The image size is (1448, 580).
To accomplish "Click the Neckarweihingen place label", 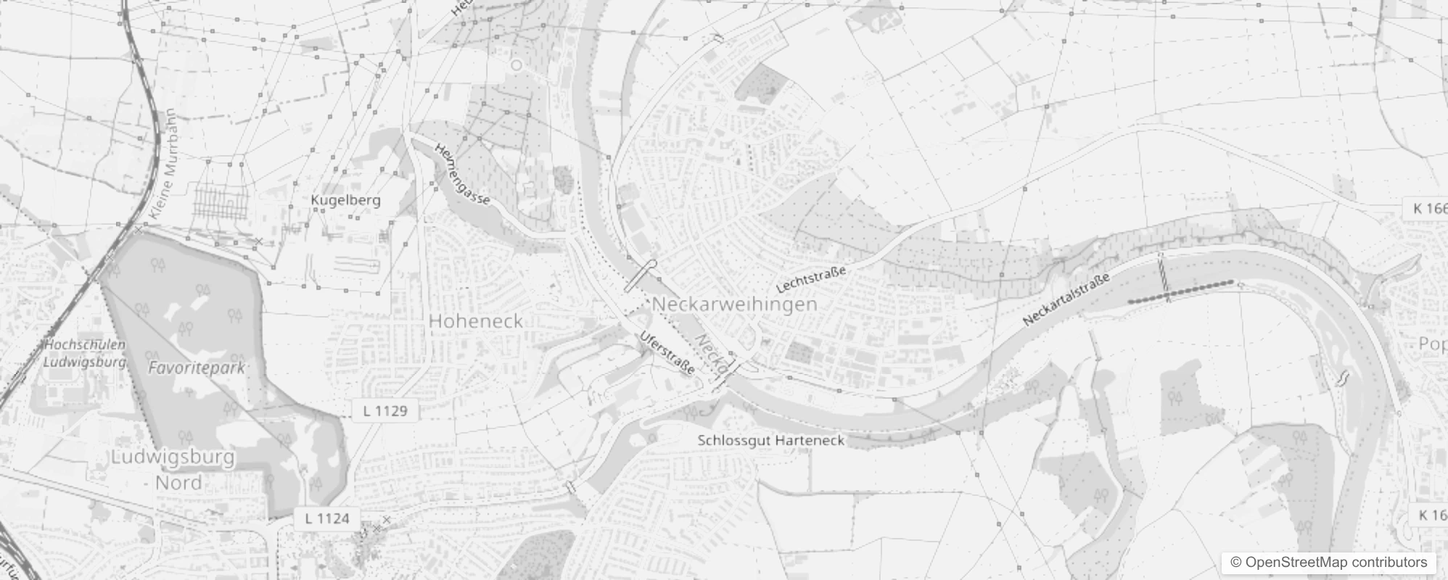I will click(735, 304).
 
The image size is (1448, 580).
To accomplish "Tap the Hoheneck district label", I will click(476, 321).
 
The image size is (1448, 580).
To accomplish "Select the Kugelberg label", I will click(345, 200).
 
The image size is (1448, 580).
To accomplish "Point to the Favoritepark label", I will click(197, 368).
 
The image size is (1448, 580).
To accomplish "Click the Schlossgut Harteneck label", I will click(771, 440).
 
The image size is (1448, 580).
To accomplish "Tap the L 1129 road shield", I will click(385, 411).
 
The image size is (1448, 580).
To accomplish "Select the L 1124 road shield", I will click(327, 518).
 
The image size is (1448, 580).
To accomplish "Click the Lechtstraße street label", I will click(812, 280).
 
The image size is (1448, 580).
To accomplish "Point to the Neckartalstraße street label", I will click(1066, 299).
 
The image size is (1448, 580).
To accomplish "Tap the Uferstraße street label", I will click(667, 352).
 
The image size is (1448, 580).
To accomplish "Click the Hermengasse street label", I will click(462, 173).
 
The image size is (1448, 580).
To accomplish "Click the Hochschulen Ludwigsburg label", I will click(85, 353).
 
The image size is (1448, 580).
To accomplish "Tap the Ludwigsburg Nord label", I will click(174, 470).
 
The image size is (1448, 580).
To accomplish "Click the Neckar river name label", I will click(711, 354).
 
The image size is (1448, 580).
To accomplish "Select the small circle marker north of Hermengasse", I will click(517, 65).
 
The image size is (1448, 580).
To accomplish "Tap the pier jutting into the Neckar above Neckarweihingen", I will click(639, 276).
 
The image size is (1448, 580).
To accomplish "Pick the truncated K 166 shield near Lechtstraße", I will click(1427, 209).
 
